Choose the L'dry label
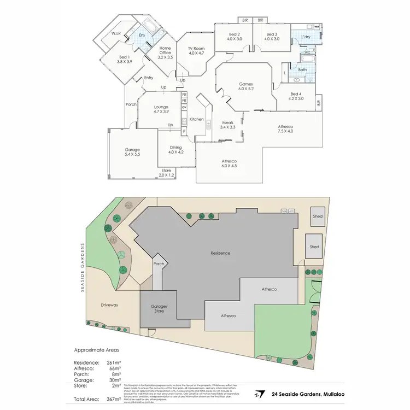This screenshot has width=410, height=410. pyautogui.click(x=305, y=37)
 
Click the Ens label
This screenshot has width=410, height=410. pyautogui.click(x=142, y=36)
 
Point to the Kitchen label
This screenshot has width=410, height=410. pyautogui.click(x=196, y=119)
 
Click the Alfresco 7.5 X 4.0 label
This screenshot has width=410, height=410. pyautogui.click(x=285, y=128)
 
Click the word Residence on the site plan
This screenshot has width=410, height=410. pyautogui.click(x=221, y=253)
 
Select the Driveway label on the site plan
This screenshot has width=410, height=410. pyautogui.click(x=109, y=305)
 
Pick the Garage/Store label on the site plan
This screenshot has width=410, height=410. pyautogui.click(x=159, y=308)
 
